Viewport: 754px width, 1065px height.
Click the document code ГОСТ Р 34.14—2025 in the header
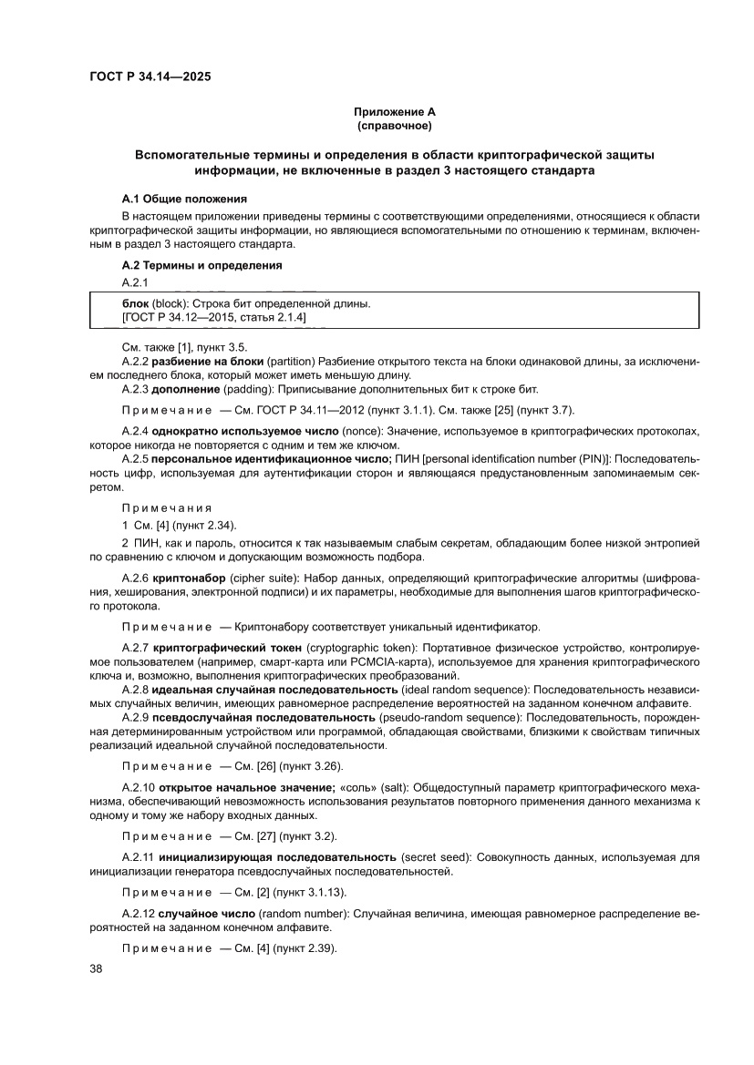pos(150,77)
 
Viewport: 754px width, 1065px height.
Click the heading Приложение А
pos(395,111)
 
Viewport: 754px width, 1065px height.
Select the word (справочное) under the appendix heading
pos(395,125)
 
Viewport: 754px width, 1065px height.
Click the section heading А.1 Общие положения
pos(184,198)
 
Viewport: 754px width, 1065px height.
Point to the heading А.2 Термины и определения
pos(201,265)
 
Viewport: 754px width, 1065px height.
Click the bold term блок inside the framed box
pos(135,302)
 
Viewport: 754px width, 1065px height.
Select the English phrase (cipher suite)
pos(263,579)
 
